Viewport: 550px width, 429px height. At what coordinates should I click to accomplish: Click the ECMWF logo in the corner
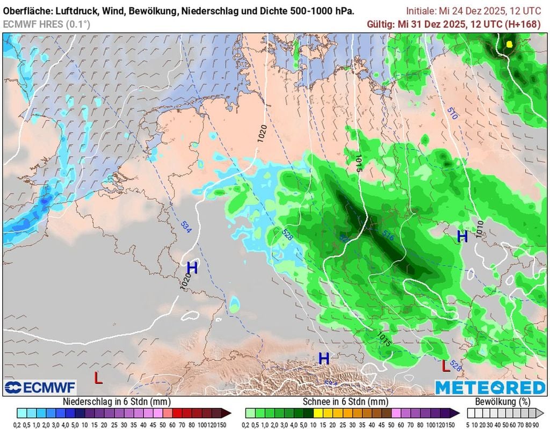click(x=40, y=388)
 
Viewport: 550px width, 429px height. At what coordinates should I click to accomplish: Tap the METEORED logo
click(x=490, y=388)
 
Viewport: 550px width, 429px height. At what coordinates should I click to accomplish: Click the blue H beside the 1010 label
click(x=462, y=236)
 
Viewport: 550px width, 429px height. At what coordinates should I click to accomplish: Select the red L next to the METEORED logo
click(x=445, y=366)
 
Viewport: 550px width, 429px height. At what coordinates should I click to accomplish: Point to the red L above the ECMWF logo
click(x=98, y=378)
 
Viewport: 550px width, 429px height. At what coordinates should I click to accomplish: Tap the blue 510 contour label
click(x=451, y=113)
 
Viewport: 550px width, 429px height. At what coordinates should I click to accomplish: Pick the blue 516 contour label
click(x=388, y=234)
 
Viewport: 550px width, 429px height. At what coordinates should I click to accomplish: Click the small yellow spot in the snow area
click(x=509, y=44)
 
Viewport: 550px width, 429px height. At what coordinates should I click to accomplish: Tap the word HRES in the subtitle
click(x=50, y=24)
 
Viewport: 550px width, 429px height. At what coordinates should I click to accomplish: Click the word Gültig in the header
click(x=380, y=24)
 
